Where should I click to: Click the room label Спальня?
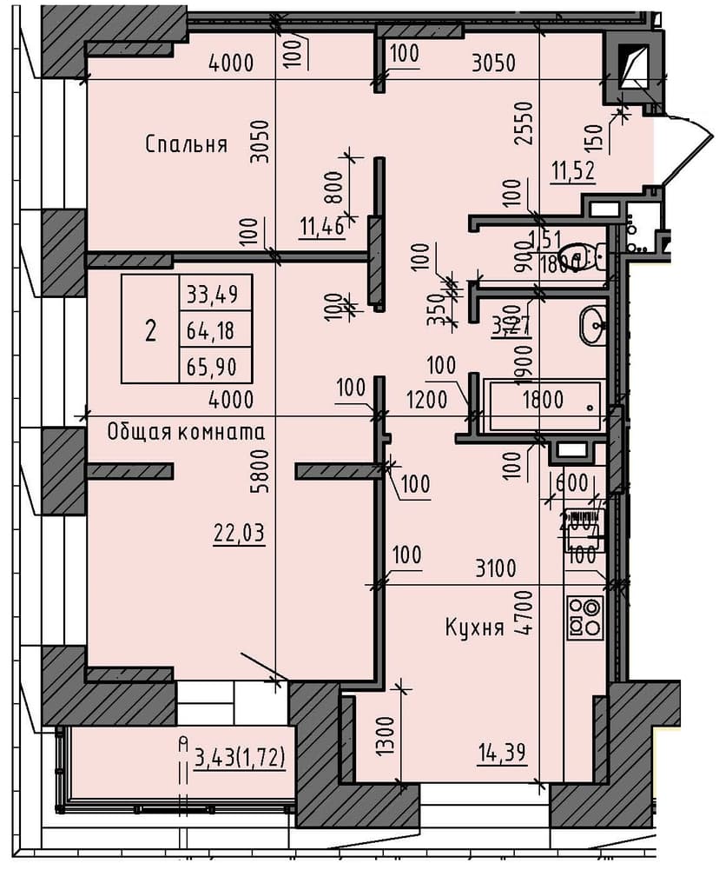point(186,144)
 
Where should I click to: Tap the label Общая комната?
point(186,431)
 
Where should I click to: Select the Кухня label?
point(474,628)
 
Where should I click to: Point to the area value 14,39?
point(502,754)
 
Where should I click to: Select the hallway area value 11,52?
point(572,170)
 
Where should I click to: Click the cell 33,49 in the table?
point(214,296)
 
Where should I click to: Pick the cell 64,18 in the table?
point(214,330)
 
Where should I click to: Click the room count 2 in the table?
point(150,330)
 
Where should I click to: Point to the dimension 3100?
point(496,570)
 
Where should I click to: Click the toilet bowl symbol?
point(595,257)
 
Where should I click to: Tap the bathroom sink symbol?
point(594,325)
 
